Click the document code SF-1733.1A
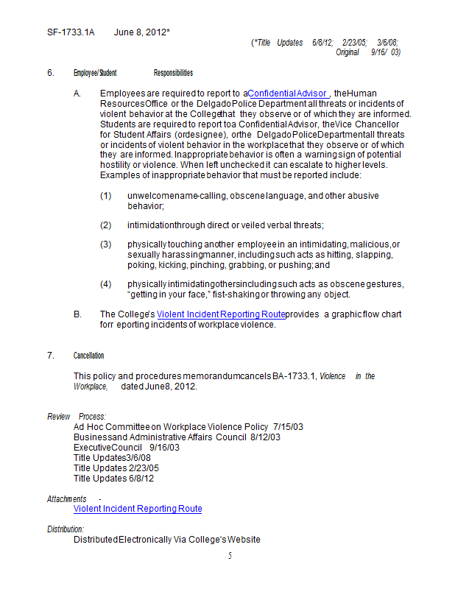71,32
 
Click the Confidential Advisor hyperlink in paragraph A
288,93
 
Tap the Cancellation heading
88,356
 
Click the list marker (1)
106,197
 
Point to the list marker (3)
106,244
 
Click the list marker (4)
106,283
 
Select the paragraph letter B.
77,314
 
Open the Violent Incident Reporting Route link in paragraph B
221,314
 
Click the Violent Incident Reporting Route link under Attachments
138,509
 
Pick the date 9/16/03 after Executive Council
164,447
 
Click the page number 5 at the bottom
230,556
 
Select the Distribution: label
66,529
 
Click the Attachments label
67,498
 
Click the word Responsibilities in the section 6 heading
173,73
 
